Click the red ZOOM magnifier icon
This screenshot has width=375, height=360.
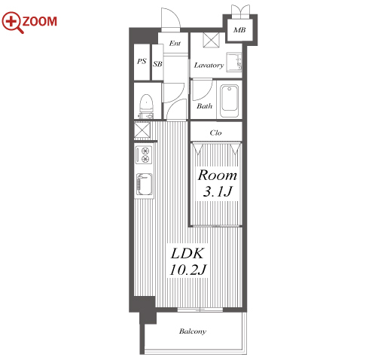point(13,22)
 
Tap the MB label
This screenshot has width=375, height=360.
point(239,30)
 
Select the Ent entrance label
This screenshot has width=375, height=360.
point(175,44)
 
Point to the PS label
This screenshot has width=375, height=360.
point(142,61)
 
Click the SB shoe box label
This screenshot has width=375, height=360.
point(157,64)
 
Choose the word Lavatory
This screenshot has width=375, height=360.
point(209,66)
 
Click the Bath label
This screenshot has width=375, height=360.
point(204,106)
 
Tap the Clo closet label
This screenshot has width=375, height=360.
point(215,133)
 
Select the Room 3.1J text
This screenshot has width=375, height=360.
point(218,183)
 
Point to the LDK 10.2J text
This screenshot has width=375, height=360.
point(187,261)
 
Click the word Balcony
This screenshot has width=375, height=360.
point(193,331)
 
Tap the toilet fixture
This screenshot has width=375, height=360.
point(146,106)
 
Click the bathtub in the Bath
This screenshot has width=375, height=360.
point(229,101)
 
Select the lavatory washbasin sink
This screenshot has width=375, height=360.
point(234,62)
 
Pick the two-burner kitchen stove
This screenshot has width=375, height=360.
point(144,155)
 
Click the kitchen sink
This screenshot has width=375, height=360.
point(144,184)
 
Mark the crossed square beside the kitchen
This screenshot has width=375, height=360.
point(142,130)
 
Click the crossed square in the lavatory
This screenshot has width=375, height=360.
point(211,40)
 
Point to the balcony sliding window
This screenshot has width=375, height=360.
point(200,310)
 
